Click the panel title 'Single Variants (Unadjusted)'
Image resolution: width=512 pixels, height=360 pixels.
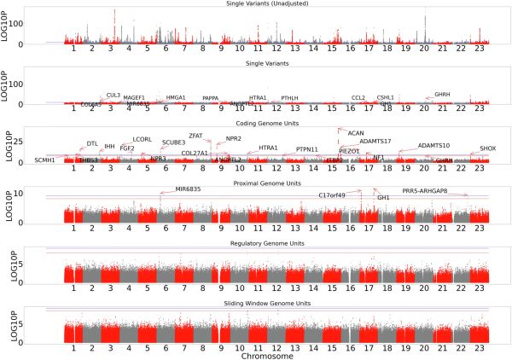[x=268, y=4]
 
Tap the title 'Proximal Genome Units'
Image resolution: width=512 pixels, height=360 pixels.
[x=268, y=183]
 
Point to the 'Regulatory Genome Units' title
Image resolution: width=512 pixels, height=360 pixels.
[x=268, y=243]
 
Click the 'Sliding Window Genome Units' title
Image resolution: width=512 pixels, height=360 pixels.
[x=268, y=303]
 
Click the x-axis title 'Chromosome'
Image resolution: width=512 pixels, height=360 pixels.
[x=268, y=354]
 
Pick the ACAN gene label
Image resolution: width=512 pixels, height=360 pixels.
[x=356, y=133]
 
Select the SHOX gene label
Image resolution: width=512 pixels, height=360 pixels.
[x=487, y=148]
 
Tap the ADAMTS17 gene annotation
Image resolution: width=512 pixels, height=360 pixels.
[x=375, y=141]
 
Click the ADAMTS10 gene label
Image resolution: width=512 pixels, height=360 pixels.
[x=433, y=146]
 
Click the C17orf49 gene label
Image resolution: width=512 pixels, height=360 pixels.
[x=332, y=195]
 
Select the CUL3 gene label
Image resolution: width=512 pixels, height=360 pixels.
[x=113, y=96]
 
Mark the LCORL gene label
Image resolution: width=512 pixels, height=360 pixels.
[x=143, y=139]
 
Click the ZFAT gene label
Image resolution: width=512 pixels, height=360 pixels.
[x=196, y=136]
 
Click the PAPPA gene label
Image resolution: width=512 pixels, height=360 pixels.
[x=210, y=98]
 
